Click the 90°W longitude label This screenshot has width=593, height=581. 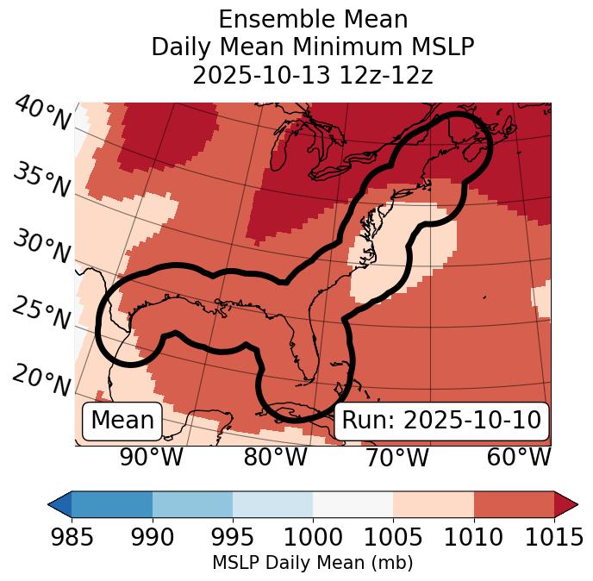coord(151,457)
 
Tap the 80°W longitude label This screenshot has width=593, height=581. coord(275,457)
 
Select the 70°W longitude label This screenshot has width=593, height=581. coord(397,457)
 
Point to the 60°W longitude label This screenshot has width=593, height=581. coord(519,457)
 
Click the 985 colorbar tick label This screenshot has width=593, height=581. coord(72,538)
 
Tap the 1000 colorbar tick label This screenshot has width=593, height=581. coord(313,538)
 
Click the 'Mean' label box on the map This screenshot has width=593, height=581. coord(122,421)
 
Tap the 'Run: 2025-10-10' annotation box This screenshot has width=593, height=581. coord(441,421)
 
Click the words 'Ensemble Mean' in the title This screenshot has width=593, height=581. coord(313,19)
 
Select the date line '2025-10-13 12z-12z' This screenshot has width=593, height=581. coord(313,75)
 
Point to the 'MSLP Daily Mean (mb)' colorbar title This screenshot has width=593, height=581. coord(313,563)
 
